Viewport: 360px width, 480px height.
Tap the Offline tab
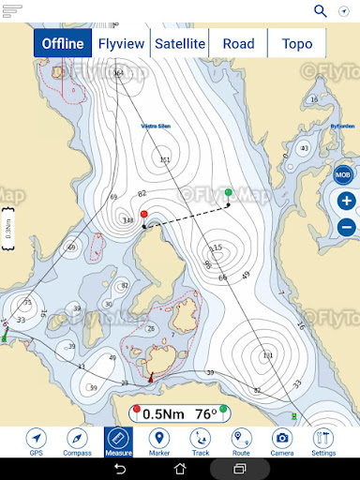click(x=63, y=43)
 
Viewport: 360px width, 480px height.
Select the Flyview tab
click(x=122, y=43)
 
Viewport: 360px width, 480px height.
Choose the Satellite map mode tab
click(x=180, y=43)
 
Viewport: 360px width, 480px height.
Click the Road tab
click(x=238, y=43)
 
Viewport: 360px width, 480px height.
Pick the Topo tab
click(x=296, y=43)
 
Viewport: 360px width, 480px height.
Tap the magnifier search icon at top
click(x=321, y=11)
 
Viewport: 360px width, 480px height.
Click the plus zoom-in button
click(x=346, y=202)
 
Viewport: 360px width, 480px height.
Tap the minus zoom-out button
click(x=346, y=226)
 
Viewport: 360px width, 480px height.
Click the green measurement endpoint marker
click(x=229, y=192)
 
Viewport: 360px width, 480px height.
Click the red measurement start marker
click(x=143, y=215)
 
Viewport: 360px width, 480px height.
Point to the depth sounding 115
click(x=217, y=248)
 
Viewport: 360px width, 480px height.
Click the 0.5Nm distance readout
click(x=162, y=412)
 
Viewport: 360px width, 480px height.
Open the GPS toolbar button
click(x=37, y=442)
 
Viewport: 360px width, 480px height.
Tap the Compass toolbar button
click(x=77, y=442)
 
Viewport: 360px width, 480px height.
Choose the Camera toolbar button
click(x=281, y=442)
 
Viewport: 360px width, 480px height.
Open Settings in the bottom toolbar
click(x=322, y=442)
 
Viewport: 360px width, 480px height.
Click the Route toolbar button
click(x=241, y=442)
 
